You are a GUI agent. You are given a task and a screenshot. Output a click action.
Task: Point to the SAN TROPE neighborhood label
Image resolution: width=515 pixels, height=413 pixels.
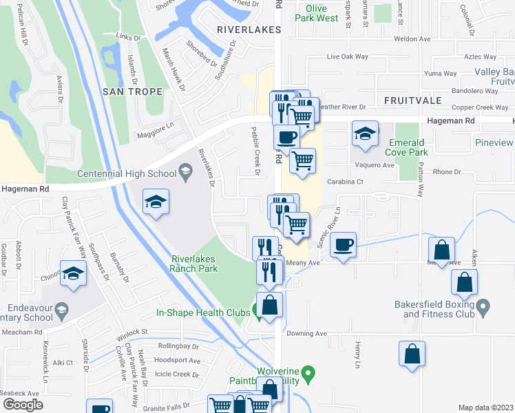coord(132,92)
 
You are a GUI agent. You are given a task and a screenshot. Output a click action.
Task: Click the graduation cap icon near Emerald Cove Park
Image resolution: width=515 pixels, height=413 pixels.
coord(365,134)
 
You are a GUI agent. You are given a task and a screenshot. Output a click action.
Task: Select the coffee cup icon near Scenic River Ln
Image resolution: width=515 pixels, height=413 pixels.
coord(343,244)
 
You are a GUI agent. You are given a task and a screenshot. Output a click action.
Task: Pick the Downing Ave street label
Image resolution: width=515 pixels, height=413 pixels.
coord(306,334)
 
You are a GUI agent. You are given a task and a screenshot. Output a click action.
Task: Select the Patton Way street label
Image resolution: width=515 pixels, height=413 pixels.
coord(419,179)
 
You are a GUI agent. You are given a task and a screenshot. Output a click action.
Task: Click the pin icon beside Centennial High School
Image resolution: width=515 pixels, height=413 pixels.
coord(185,169)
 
